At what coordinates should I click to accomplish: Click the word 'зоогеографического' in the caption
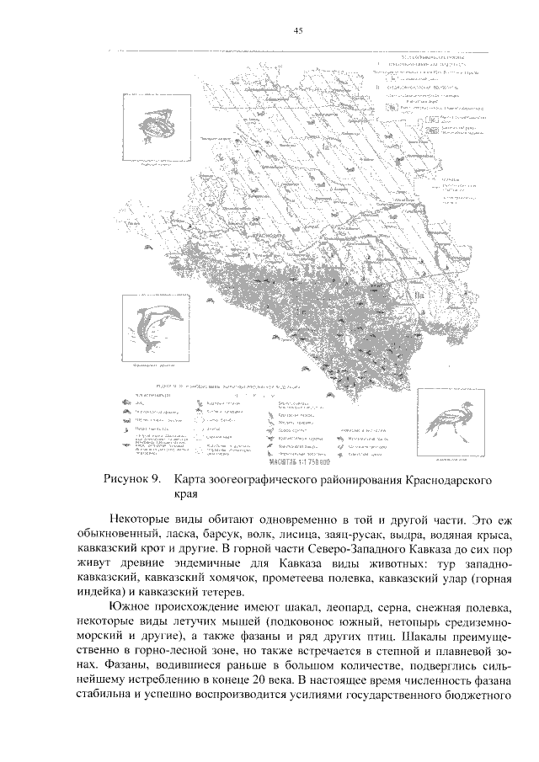click(314, 480)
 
